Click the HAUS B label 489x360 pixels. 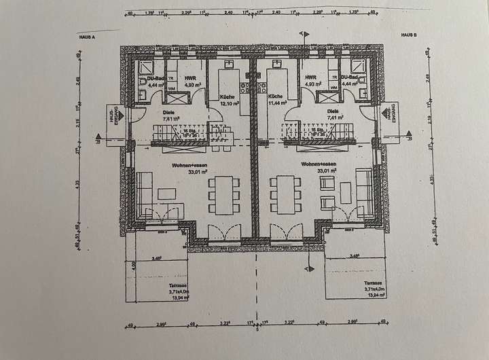[407, 34]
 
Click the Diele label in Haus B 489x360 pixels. [333, 112]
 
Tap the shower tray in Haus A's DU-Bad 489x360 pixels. [146, 68]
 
